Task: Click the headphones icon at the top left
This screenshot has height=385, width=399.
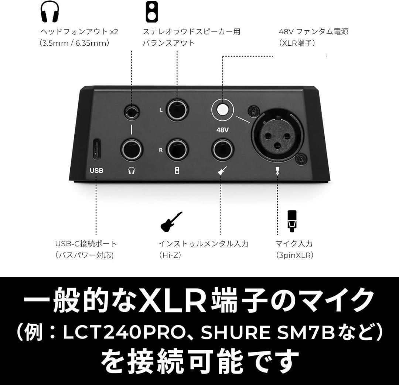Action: coord(50,11)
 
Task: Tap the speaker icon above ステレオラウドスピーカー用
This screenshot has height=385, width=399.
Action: coord(150,11)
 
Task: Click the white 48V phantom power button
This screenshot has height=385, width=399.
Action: coord(223,110)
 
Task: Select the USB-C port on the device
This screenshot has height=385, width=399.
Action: coord(96,149)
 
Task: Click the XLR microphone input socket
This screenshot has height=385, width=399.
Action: coord(277,133)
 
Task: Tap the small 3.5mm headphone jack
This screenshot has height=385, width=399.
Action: coord(132,111)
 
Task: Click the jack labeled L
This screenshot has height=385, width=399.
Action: coord(177,110)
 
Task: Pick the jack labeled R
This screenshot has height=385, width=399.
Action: coord(177,149)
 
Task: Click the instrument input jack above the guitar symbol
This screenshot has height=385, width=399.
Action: coord(222,149)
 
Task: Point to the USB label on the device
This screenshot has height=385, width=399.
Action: coord(96,171)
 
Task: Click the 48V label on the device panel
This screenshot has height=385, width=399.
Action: coord(223,130)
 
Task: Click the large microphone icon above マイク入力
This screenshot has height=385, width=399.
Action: coord(292,221)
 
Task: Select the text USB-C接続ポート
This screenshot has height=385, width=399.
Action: coord(86,244)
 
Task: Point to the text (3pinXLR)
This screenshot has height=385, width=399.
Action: coord(294,255)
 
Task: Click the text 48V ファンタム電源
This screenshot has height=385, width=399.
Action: coord(313,31)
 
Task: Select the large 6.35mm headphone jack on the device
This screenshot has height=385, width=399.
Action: coord(132,149)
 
